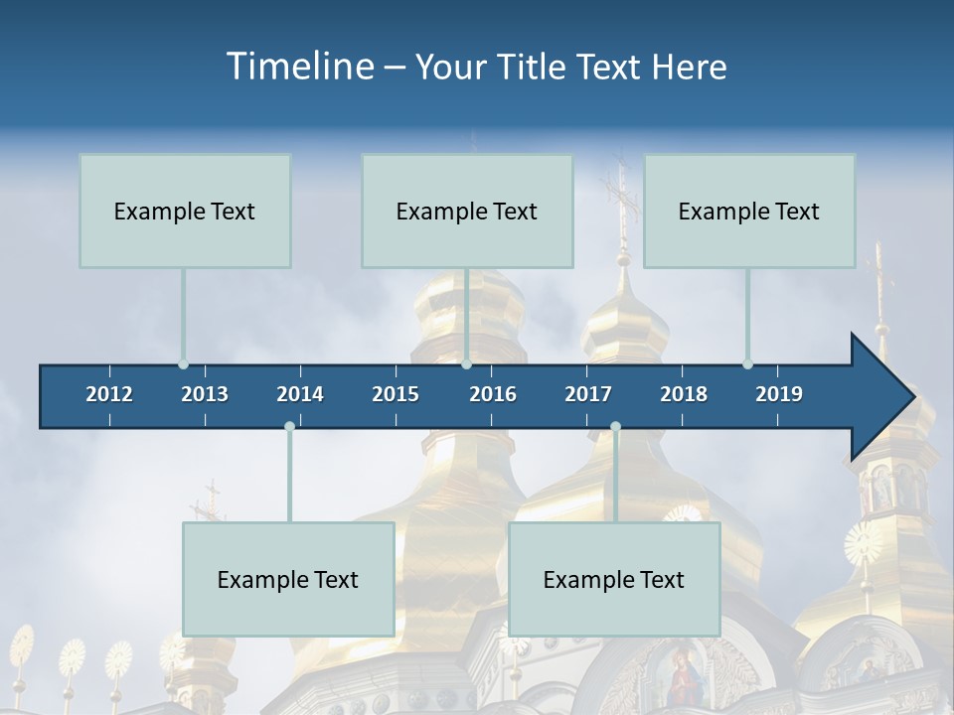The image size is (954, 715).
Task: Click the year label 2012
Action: pyautogui.click(x=109, y=394)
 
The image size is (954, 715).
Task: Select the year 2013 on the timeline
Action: pyautogui.click(x=205, y=394)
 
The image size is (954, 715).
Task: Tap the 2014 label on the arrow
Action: pyautogui.click(x=300, y=394)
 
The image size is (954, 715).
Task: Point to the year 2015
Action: pyautogui.click(x=396, y=394)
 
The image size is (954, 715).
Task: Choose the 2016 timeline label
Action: pyautogui.click(x=493, y=394)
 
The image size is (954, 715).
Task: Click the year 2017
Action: pyautogui.click(x=588, y=394)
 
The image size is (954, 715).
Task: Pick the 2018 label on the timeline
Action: pyautogui.click(x=684, y=394)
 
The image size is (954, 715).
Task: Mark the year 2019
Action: pyautogui.click(x=779, y=394)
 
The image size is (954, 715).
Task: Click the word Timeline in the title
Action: pyautogui.click(x=298, y=67)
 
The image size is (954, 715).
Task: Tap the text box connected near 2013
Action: pyautogui.click(x=185, y=211)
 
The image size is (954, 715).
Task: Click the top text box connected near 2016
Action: pyautogui.click(x=467, y=211)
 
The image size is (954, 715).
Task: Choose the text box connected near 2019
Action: pyautogui.click(x=749, y=211)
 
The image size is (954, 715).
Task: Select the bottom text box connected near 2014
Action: pyautogui.click(x=288, y=579)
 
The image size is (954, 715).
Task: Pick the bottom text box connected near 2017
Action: pyautogui.click(x=614, y=579)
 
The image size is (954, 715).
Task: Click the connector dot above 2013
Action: pyautogui.click(x=183, y=363)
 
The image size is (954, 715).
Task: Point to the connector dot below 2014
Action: pyautogui.click(x=289, y=427)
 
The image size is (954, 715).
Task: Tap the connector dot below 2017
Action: pyautogui.click(x=615, y=427)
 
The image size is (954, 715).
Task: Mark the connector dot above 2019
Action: pyautogui.click(x=747, y=363)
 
